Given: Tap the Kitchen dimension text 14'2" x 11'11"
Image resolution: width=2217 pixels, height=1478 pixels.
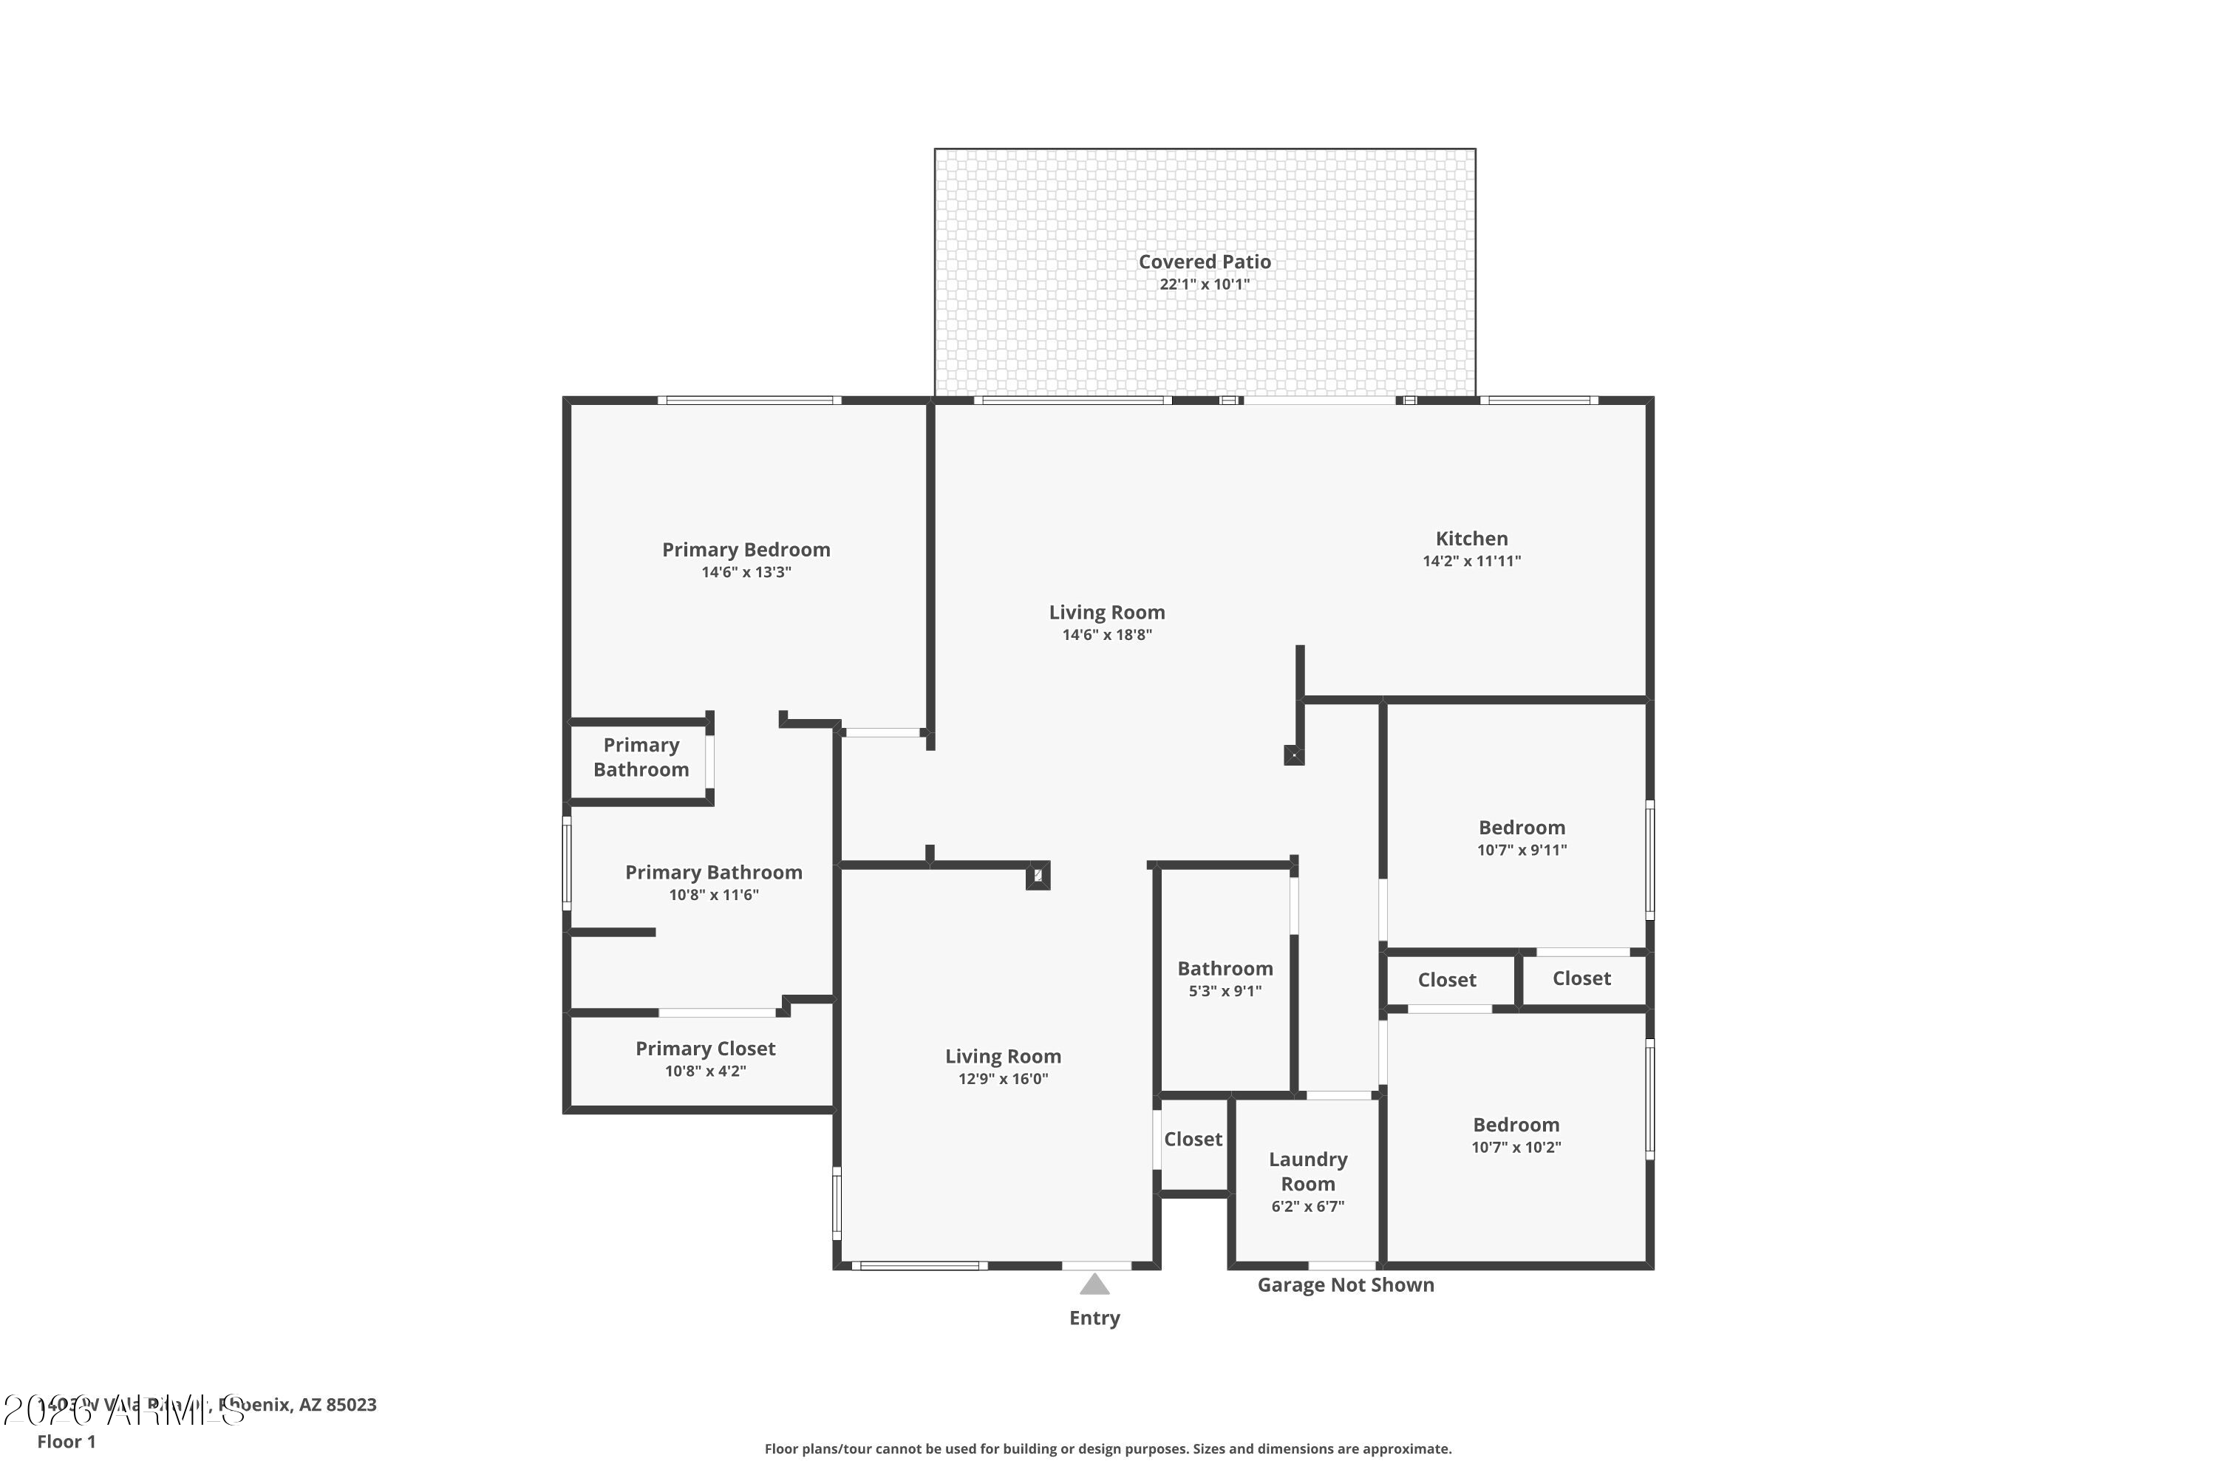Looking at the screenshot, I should [x=1471, y=562].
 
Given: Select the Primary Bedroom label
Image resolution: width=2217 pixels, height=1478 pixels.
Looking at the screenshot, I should [x=746, y=550].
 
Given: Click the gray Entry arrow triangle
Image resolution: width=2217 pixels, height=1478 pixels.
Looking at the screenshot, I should [x=1094, y=1285].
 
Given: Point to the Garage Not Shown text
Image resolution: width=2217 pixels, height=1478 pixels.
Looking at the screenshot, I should [x=1345, y=1285].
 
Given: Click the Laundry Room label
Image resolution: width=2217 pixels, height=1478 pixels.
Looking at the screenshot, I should [x=1307, y=1171].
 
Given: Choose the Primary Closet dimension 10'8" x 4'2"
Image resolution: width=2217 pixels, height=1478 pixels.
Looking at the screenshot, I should [x=705, y=1072].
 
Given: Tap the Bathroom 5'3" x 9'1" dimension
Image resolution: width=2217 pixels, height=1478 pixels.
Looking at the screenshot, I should [x=1225, y=992].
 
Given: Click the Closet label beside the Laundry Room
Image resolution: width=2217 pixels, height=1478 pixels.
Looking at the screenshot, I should [x=1193, y=1139].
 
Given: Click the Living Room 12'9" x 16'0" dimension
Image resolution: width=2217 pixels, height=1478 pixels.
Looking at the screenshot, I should [x=1003, y=1079].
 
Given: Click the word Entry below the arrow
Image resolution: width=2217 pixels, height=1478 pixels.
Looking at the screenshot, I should [x=1094, y=1318].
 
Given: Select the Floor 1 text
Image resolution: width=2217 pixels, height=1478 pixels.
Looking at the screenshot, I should [x=66, y=1441].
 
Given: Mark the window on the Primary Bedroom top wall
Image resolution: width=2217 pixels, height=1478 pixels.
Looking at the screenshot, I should [x=749, y=401].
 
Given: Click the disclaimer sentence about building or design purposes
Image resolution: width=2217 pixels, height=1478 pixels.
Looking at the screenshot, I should [x=1108, y=1448].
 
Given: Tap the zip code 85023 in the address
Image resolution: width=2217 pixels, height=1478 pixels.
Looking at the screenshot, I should [x=352, y=1405].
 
